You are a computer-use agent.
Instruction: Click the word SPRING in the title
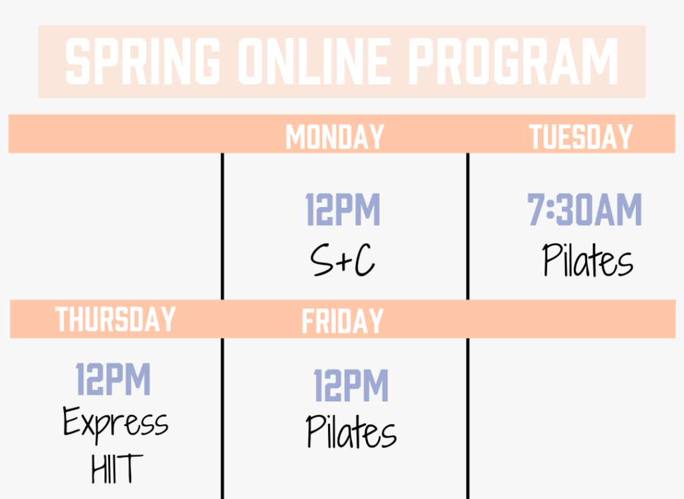[x=143, y=61]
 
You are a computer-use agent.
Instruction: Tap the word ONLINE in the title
[x=314, y=61]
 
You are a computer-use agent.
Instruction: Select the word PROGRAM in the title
[x=514, y=61]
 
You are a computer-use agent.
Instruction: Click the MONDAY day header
[x=335, y=137]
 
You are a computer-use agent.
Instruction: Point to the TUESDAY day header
[x=580, y=137]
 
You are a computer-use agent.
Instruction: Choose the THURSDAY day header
[x=115, y=319]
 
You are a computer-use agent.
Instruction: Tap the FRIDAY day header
[x=343, y=321]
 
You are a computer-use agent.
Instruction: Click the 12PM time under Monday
[x=343, y=209]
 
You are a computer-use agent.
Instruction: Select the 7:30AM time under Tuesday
[x=584, y=209]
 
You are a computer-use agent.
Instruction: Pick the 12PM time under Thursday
[x=114, y=379]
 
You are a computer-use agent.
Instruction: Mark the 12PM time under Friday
[x=351, y=385]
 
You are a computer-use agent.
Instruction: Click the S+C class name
[x=343, y=260]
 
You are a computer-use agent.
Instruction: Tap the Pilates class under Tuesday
[x=588, y=260]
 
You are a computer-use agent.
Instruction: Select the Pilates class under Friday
[x=351, y=431]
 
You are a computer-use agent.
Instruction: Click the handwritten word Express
[x=116, y=424]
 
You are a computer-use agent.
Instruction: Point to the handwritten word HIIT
[x=117, y=468]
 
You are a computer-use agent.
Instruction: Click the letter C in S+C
[x=364, y=260]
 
